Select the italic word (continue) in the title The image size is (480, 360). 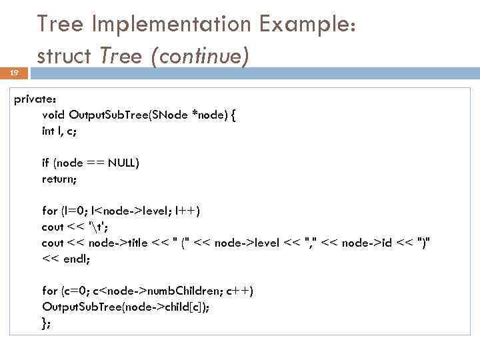pos(200,57)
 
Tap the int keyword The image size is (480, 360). pos(49,131)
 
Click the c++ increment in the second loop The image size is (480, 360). pos(237,291)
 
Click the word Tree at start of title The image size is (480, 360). pos(61,25)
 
